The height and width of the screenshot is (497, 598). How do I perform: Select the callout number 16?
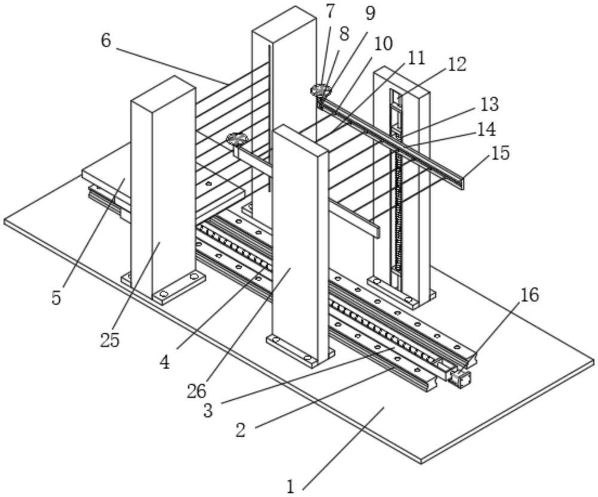coord(529,294)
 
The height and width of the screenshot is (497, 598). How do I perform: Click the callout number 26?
coord(197,391)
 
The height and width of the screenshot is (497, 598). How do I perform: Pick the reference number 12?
coord(456,65)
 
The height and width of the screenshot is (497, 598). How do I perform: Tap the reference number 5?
coord(56,297)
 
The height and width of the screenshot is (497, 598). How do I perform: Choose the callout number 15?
coord(501,153)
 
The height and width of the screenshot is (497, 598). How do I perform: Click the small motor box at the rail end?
coord(461,378)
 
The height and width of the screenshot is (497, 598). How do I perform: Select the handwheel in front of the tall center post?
coord(237,139)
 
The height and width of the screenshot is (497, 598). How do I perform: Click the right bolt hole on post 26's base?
coord(307,358)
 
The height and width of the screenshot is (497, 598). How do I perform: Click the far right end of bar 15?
coord(462,182)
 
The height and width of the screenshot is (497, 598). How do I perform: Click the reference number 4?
coord(164,362)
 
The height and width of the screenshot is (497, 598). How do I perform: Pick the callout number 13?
coord(489,105)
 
